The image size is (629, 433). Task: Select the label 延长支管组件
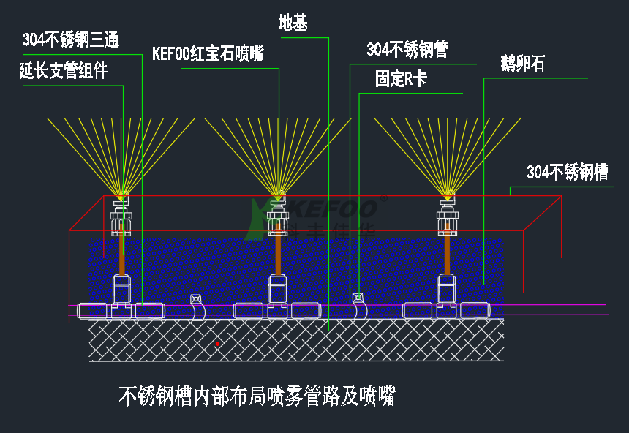64,71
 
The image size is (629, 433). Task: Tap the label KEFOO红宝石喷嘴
208,54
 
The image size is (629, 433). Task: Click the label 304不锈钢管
407,50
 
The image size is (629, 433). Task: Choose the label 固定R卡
400,79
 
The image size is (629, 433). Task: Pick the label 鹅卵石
522,64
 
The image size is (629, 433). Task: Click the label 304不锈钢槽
568,172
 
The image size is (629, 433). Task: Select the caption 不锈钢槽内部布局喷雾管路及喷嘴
257,396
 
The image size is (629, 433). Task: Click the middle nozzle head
278,196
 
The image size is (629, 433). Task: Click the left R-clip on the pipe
196,307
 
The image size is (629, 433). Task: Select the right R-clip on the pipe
358,307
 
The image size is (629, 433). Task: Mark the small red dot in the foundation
217,343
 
